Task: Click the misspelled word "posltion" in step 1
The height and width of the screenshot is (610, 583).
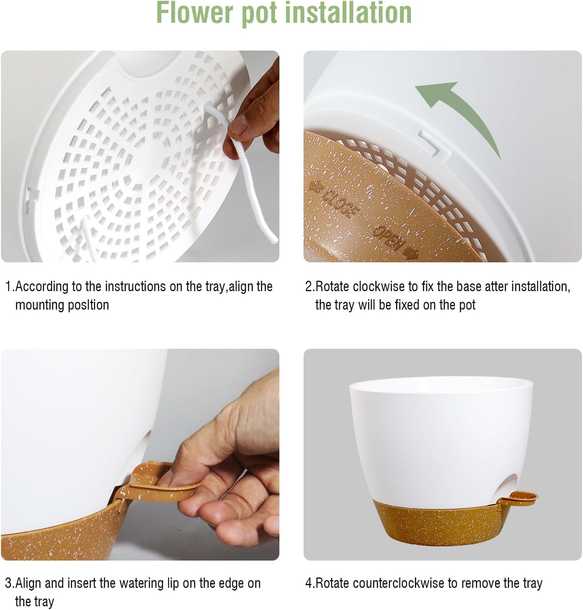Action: tap(90, 305)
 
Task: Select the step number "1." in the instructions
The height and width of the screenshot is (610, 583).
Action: tap(9, 287)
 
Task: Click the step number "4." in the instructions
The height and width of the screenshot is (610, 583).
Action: tap(310, 583)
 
